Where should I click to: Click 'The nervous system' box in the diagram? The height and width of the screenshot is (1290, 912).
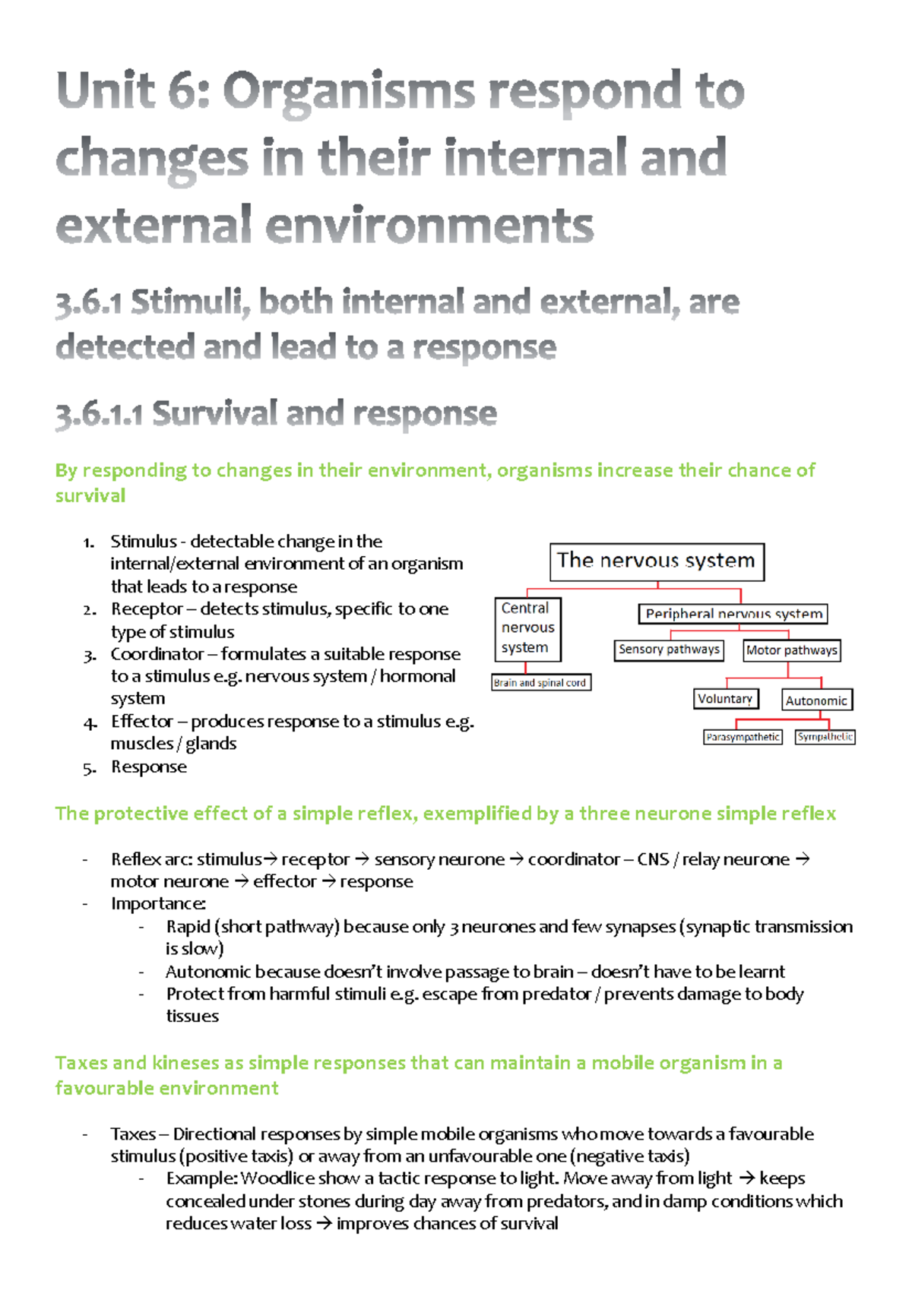tap(657, 561)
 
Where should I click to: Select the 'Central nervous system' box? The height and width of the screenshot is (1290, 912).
tap(527, 628)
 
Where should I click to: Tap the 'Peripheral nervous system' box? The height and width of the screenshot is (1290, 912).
tap(733, 613)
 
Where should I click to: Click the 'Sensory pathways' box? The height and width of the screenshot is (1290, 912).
tap(669, 650)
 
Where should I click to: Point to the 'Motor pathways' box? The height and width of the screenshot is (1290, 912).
tap(791, 650)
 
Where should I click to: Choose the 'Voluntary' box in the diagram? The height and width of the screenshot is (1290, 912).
tap(725, 699)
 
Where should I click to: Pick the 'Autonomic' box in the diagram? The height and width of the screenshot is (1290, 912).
tap(816, 700)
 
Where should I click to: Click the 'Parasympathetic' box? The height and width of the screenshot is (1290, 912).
tap(743, 737)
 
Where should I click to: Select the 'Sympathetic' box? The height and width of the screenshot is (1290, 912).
tap(825, 737)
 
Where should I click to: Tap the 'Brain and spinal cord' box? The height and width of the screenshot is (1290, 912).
tap(540, 682)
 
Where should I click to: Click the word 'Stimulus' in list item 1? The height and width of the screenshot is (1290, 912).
tap(144, 542)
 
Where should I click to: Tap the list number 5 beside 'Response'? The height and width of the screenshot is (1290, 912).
tap(90, 768)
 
